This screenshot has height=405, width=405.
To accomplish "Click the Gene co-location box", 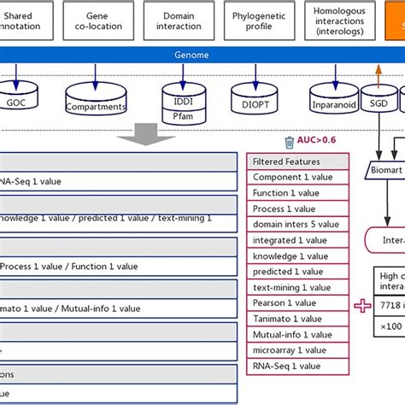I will (103, 21).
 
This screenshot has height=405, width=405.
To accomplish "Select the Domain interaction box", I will (179, 21).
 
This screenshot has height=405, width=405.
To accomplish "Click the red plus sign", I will (362, 305).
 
